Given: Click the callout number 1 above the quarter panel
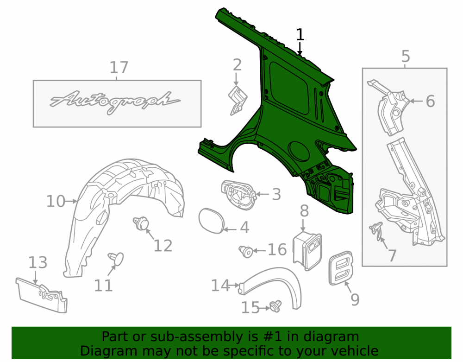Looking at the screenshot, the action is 300,34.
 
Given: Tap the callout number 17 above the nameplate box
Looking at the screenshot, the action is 119,68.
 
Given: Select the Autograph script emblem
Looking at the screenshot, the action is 114,102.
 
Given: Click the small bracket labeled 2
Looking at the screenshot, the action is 238,101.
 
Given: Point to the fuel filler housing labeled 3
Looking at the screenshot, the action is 238,195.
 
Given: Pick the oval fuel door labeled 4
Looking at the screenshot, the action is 212,221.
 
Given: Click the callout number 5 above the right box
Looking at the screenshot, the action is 406,56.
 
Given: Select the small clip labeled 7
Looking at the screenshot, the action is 376,231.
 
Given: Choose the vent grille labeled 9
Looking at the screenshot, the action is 341,268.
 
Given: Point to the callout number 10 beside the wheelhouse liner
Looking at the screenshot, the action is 56,201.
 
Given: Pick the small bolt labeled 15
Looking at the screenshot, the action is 275,306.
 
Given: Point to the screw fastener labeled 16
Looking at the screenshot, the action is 246,252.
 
